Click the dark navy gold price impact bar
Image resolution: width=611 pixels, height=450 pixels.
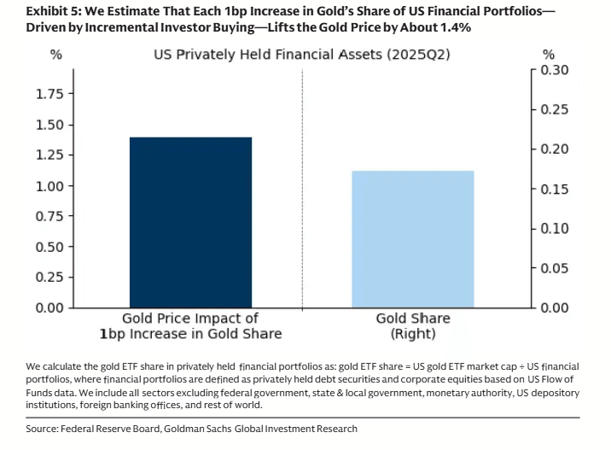(x=190, y=222)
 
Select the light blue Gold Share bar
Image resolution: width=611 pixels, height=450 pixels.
(x=413, y=239)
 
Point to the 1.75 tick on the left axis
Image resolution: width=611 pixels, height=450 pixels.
(x=49, y=94)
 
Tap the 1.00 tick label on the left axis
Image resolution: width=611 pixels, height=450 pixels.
(x=49, y=186)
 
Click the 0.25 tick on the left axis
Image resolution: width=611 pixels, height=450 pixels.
(x=49, y=278)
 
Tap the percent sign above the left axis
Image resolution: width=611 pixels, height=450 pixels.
(x=56, y=55)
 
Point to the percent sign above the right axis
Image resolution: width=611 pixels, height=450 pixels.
(x=549, y=55)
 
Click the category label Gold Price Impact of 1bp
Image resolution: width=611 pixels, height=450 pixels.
(x=190, y=326)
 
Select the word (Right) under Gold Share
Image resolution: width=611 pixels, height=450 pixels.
(x=413, y=334)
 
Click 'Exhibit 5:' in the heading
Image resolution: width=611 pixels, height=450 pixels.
(x=54, y=11)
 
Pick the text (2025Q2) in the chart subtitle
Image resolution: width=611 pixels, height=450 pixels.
(x=418, y=54)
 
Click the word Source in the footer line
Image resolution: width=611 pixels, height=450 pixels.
(x=42, y=429)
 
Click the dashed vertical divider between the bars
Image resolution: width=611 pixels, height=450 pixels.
(x=302, y=190)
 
